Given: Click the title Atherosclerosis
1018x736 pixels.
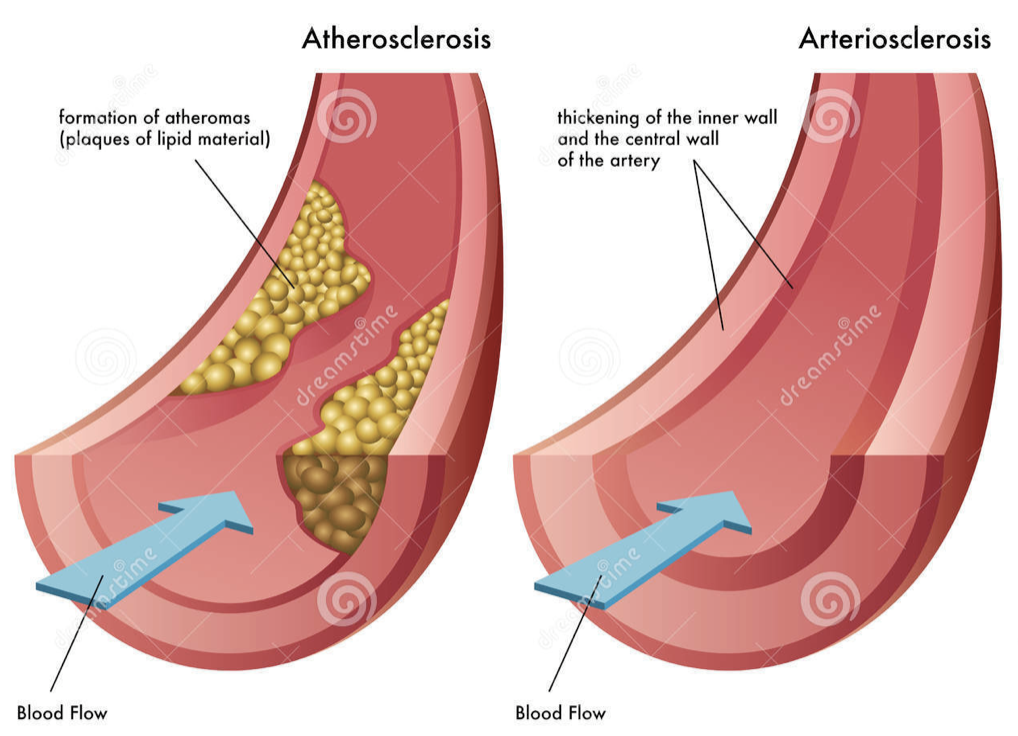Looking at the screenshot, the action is tap(396, 39).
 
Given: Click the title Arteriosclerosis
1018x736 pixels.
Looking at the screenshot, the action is tap(895, 39).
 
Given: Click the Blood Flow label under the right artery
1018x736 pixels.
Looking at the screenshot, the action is tap(560, 713).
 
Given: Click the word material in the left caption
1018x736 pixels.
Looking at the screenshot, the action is tap(239, 139).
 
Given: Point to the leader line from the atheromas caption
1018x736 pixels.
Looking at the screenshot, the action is tap(240, 215).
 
